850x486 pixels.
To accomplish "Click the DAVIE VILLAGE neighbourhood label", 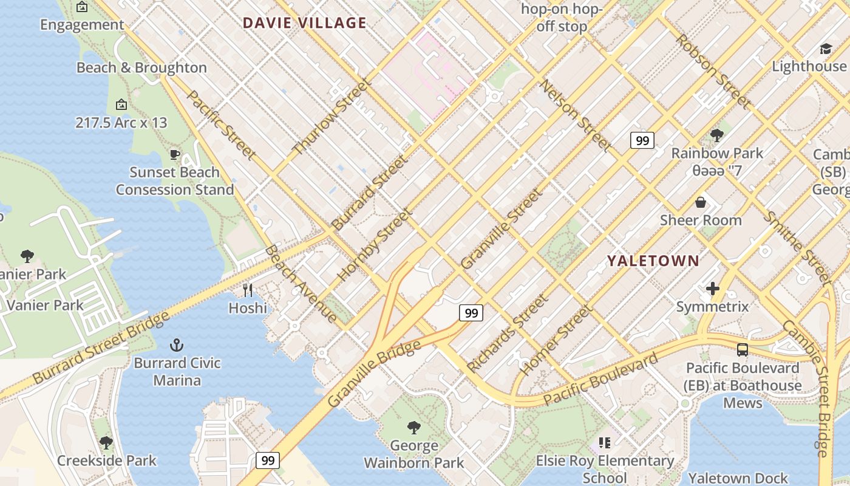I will point(305,23).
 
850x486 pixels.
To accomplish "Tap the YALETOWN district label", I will point(653,261).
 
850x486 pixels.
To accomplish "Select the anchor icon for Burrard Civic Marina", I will point(177,346).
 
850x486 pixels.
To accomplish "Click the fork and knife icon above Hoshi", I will point(248,290).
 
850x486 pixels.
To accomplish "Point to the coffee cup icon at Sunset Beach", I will point(175,154).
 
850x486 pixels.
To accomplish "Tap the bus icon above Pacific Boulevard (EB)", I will point(742,350).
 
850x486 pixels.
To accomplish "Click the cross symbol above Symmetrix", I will point(713,289).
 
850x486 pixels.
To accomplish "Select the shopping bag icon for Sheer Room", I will point(701,202).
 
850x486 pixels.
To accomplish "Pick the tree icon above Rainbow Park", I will point(716,135).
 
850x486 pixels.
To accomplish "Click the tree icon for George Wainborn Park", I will point(414,428).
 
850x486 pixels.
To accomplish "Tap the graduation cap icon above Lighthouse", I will point(825,49).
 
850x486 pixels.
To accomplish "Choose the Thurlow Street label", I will point(331,117).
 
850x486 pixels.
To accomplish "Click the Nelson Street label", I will point(575,115).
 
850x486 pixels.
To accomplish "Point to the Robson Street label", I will point(713,71).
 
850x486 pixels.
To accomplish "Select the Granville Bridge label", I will point(374,374).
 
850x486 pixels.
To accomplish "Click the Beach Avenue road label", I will point(301,284).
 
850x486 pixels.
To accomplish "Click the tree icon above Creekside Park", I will point(106,442).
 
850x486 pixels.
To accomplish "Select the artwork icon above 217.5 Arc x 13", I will point(121,104).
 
